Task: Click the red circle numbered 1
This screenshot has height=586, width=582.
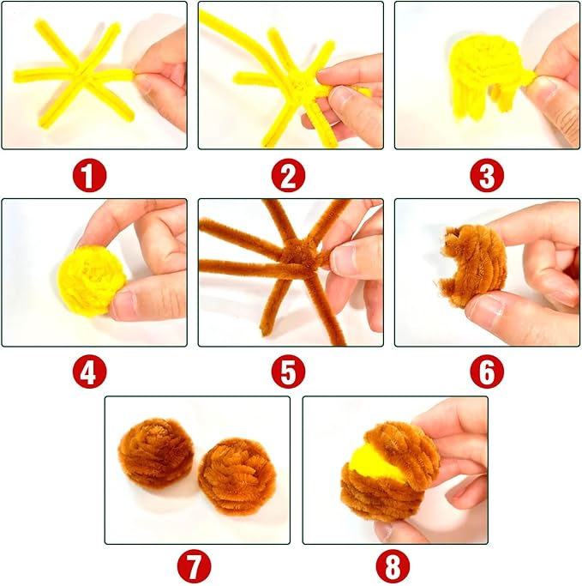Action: point(90,176)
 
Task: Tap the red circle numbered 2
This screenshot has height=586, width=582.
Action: point(288,176)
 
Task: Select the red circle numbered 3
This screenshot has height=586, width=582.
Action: point(487,176)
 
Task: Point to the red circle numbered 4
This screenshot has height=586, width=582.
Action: point(90,372)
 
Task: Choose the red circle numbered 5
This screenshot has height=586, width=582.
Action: point(288,372)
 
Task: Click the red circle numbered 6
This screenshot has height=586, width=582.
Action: point(487,372)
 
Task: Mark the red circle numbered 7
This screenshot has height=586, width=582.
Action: point(194,566)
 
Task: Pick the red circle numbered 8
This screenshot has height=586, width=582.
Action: point(393,566)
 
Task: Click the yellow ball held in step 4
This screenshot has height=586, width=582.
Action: point(92,281)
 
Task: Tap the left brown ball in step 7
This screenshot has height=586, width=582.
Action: point(156,453)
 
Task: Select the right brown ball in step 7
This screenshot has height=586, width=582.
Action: point(237,476)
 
